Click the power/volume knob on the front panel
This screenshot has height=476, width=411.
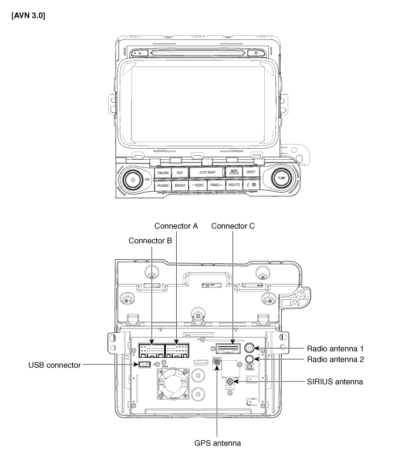133,179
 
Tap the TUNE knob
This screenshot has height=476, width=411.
281,178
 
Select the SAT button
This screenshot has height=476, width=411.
180,173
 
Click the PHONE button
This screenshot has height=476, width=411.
163,185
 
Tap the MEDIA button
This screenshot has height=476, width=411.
180,185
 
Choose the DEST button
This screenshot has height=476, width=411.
251,172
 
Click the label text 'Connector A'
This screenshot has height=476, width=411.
176,226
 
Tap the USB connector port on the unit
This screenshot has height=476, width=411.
142,366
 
